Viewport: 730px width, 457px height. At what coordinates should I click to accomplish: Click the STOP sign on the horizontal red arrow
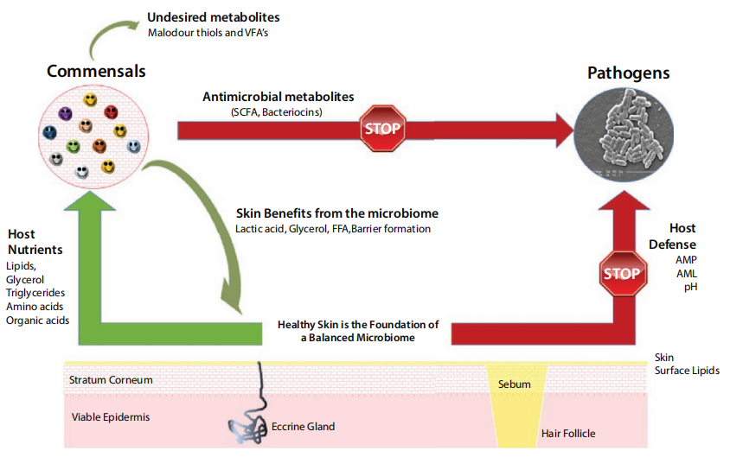click(x=382, y=128)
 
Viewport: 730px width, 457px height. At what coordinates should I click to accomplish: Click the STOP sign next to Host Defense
click(x=622, y=274)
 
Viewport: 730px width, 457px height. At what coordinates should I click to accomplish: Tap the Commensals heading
click(x=96, y=70)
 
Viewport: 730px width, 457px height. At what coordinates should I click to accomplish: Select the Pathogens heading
click(x=628, y=73)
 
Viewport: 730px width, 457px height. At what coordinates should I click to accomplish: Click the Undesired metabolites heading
click(x=213, y=17)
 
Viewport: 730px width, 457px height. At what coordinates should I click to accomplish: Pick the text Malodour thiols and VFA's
click(x=209, y=34)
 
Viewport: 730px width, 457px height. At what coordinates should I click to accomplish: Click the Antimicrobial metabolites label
click(x=279, y=97)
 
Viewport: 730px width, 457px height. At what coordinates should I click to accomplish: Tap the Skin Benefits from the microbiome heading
click(x=337, y=213)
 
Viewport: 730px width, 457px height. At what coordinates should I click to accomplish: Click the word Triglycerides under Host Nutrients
click(x=35, y=294)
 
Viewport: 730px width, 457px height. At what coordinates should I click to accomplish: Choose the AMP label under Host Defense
click(x=686, y=258)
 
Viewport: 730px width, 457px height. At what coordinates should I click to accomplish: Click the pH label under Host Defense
click(x=689, y=286)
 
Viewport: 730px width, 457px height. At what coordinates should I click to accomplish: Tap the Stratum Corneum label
click(x=112, y=379)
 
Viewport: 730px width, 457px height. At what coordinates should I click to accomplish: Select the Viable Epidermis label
click(x=111, y=417)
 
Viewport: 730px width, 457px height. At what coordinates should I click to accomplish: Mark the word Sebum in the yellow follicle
click(x=515, y=384)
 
